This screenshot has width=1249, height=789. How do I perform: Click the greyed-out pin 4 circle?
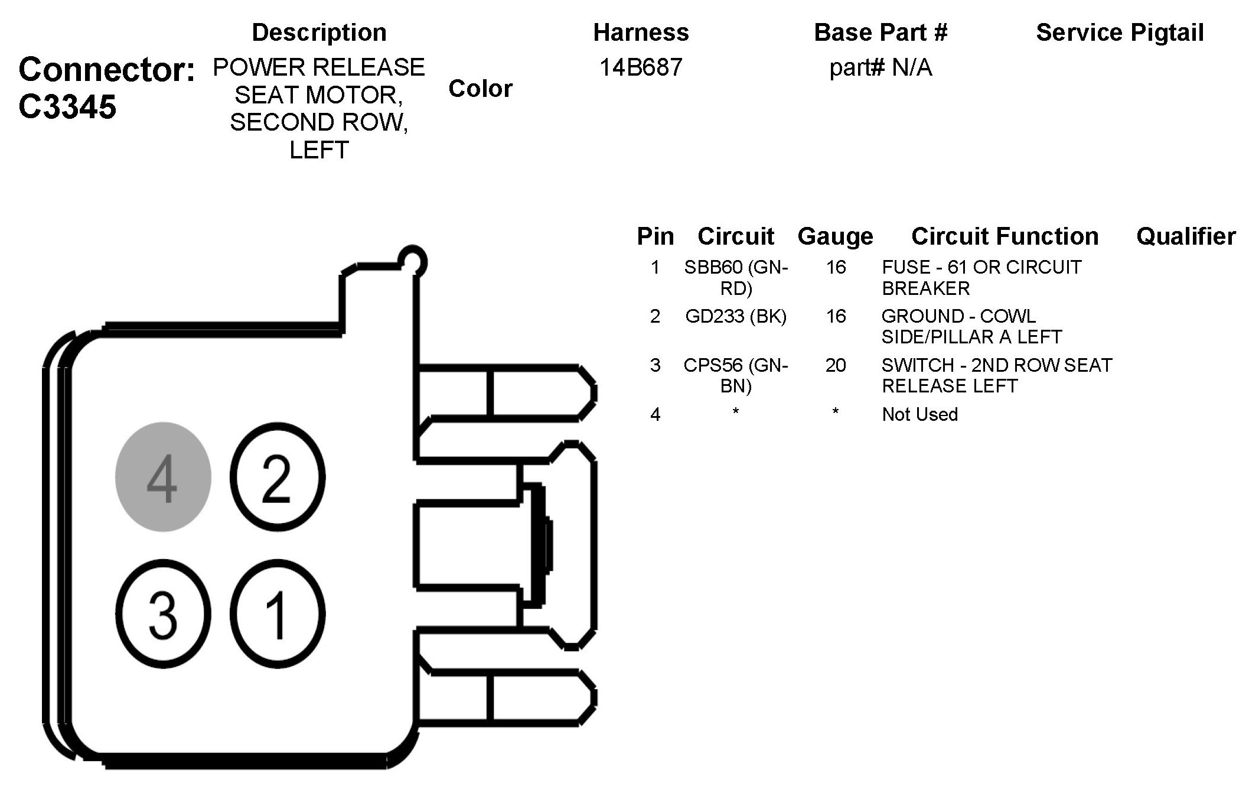coord(162,477)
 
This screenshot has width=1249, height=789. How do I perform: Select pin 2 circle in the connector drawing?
coord(276,477)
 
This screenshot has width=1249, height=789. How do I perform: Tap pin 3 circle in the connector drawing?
coord(163,613)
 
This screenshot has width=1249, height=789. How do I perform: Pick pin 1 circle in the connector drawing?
coord(276,613)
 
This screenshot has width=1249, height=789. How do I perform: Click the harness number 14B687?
coord(641,67)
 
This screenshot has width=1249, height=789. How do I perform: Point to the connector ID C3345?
coord(67,107)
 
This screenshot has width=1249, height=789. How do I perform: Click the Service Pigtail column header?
coord(1120,33)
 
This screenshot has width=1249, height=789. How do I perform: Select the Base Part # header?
coord(881,33)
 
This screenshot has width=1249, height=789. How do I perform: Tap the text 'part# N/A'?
coord(881,68)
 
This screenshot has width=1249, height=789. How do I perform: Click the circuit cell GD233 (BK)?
coord(736,316)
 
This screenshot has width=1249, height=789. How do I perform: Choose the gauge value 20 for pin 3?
coord(836,365)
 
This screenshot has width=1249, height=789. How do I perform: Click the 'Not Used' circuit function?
coord(919,414)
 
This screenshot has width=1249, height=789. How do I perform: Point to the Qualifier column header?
coord(1186,236)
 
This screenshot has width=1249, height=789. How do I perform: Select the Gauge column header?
coord(835,236)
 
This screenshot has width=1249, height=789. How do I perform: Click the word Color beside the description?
coord(480,89)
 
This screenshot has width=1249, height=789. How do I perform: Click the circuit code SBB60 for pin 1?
coord(713,268)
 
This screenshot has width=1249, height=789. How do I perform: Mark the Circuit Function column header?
coord(1005,236)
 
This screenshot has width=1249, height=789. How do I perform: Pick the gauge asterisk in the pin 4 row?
coord(836,412)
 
